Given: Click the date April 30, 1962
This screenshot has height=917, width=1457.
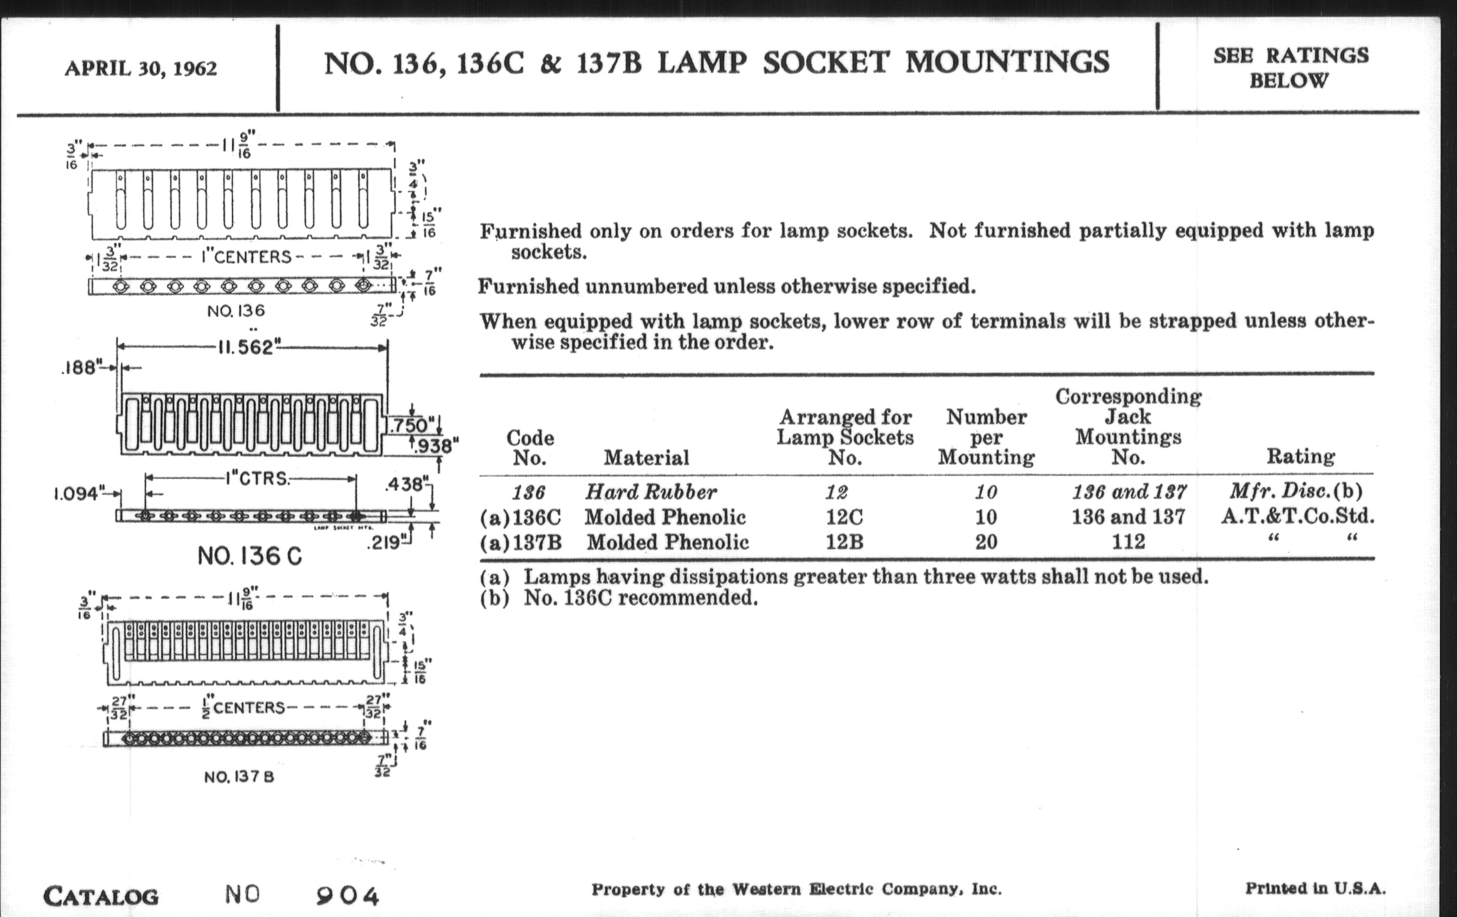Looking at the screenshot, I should click(140, 68).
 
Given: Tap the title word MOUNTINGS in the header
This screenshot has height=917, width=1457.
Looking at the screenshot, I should click(1007, 62).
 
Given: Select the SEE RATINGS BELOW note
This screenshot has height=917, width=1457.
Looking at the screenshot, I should click(1290, 68).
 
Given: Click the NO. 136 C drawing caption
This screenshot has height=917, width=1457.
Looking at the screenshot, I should click(249, 556).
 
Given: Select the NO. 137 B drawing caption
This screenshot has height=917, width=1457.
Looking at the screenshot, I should click(239, 777).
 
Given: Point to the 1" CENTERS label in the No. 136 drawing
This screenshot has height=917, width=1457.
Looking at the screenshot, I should click(246, 257).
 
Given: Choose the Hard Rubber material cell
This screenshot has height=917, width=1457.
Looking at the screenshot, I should click(651, 491).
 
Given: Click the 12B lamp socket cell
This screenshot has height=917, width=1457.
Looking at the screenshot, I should click(845, 542).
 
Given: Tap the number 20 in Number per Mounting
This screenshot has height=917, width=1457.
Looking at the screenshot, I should click(986, 542).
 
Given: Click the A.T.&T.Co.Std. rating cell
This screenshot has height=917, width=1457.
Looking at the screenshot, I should click(1297, 516).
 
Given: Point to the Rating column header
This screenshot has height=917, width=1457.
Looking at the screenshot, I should click(1300, 456).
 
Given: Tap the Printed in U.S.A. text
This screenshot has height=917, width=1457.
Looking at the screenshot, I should click(1315, 889).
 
